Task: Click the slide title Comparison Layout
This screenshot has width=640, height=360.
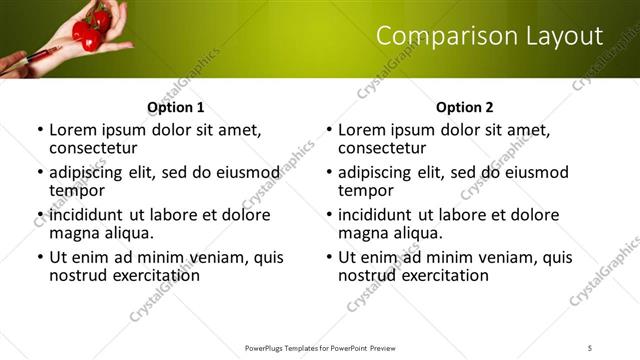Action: pos(489,37)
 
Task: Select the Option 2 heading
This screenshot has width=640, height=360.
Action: pos(464,107)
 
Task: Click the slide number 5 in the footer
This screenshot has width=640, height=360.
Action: pos(590,347)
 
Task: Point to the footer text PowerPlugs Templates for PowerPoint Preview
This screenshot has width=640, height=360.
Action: pos(319,347)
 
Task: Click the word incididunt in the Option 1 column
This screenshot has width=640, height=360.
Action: pos(87,215)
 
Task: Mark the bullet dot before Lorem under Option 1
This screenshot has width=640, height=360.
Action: pos(40,131)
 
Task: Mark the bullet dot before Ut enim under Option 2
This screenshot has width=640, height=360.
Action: pos(329,258)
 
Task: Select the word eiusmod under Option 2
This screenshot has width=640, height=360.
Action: pos(534,173)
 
